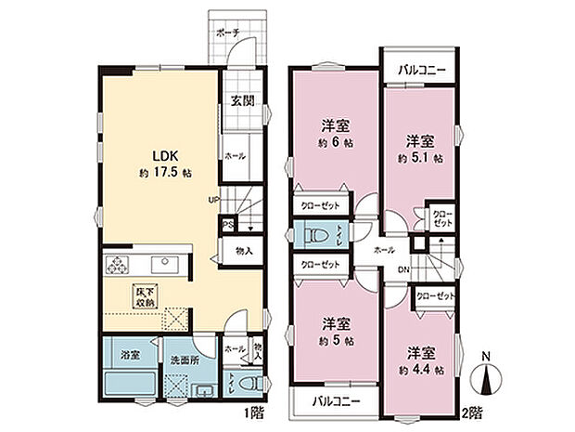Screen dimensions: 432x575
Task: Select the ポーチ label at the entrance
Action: coord(228,33)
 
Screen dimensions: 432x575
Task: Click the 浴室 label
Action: coord(129,355)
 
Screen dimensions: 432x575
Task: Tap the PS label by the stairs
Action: coord(228,224)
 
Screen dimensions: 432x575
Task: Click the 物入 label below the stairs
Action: coord(244,250)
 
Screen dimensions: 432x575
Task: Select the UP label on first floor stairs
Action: coord(214,199)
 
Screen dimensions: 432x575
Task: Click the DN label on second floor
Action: coord(403,270)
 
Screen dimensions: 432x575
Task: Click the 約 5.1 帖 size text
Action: coord(420,158)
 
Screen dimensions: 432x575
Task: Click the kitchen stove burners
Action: coord(118,267)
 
